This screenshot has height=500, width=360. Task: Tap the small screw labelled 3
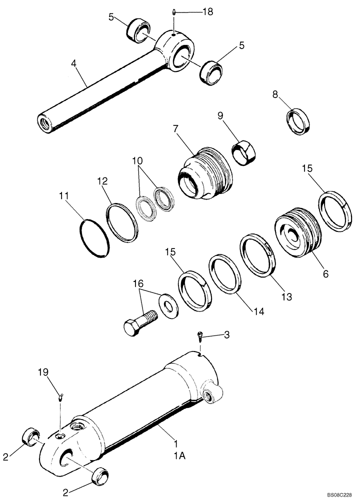pyautogui.click(x=200, y=338)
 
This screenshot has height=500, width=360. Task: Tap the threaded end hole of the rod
pyautogui.click(x=44, y=122)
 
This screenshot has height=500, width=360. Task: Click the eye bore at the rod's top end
pyautogui.click(x=181, y=53)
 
